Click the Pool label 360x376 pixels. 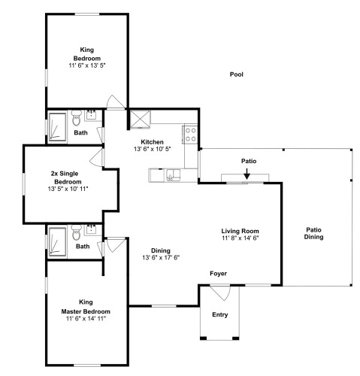[x=237, y=74]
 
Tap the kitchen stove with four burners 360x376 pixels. [x=190, y=135]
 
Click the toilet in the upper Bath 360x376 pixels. [x=76, y=117]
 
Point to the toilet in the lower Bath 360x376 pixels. [x=77, y=232]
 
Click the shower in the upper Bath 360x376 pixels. [x=58, y=127]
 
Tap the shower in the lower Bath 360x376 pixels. [x=58, y=241]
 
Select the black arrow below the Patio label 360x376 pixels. [x=247, y=174]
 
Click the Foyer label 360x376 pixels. [x=218, y=274]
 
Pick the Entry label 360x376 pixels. [x=220, y=314]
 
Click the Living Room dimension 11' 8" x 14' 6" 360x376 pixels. [x=240, y=238]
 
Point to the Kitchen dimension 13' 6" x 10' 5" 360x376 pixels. [x=152, y=149]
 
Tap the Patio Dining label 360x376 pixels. [x=313, y=233]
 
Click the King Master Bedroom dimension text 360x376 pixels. [x=86, y=319]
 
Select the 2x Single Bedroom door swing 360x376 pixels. [x=96, y=157]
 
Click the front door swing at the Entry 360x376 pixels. [x=220, y=293]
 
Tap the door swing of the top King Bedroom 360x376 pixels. [x=116, y=102]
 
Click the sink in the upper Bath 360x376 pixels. [x=91, y=115]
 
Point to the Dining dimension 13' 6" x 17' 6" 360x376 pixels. [x=161, y=258]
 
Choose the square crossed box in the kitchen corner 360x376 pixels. [x=140, y=119]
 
